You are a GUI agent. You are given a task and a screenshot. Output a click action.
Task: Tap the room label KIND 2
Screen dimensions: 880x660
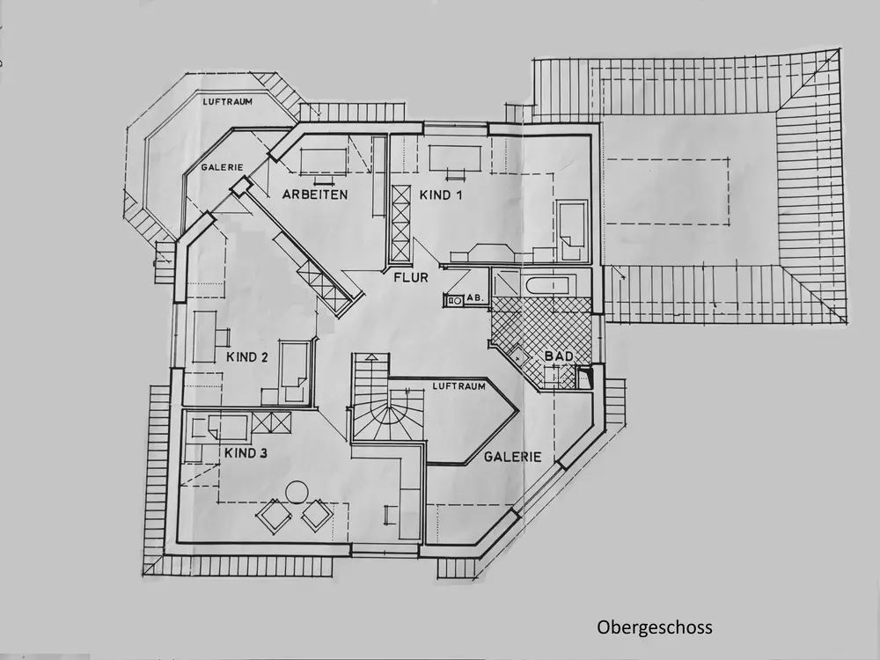[246, 357]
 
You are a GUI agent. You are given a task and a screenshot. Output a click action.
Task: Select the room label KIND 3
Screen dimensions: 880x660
[246, 454]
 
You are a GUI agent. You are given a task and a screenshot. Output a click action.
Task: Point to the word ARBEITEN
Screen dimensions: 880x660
[315, 194]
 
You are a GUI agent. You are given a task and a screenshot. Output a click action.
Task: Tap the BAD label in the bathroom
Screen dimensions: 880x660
[559, 356]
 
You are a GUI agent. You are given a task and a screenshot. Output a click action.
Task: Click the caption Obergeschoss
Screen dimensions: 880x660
[654, 627]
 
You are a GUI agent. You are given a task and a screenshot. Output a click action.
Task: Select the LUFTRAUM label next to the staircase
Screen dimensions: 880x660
[458, 387]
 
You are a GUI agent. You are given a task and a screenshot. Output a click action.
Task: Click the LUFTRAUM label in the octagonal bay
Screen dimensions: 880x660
[227, 102]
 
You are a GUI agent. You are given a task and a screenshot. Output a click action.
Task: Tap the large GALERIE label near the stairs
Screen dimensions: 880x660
[510, 457]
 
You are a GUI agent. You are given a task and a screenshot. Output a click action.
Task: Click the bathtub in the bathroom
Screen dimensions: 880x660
[546, 284]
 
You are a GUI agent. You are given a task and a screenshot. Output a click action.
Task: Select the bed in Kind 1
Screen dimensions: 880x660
[573, 231]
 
